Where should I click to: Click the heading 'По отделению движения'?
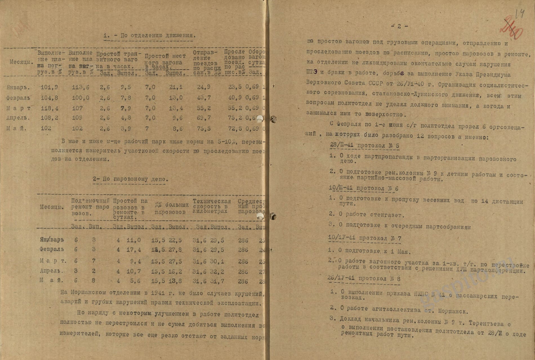(149, 35)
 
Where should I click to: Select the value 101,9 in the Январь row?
(49, 87)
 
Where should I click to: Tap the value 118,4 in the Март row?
(49, 108)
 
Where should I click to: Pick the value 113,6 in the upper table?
(81, 87)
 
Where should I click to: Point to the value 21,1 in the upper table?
(176, 87)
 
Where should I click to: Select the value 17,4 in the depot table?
(134, 250)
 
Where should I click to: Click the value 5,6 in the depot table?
(136, 281)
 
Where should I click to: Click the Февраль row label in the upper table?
(18, 98)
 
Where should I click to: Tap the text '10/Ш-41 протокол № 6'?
(363, 188)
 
